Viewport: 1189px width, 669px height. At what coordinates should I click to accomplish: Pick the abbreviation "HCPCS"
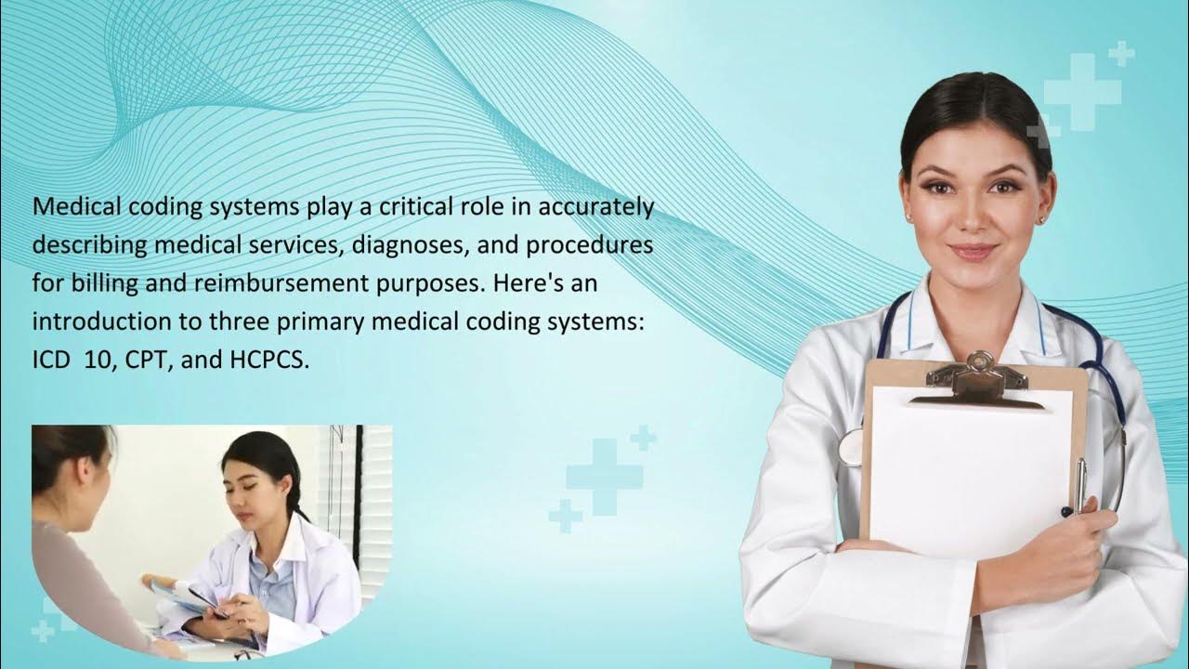[268, 360]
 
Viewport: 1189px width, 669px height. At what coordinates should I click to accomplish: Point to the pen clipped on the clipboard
[1080, 483]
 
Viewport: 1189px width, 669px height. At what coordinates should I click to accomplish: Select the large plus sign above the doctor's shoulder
[1082, 91]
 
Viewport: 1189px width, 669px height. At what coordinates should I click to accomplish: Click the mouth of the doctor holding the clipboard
[973, 252]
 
